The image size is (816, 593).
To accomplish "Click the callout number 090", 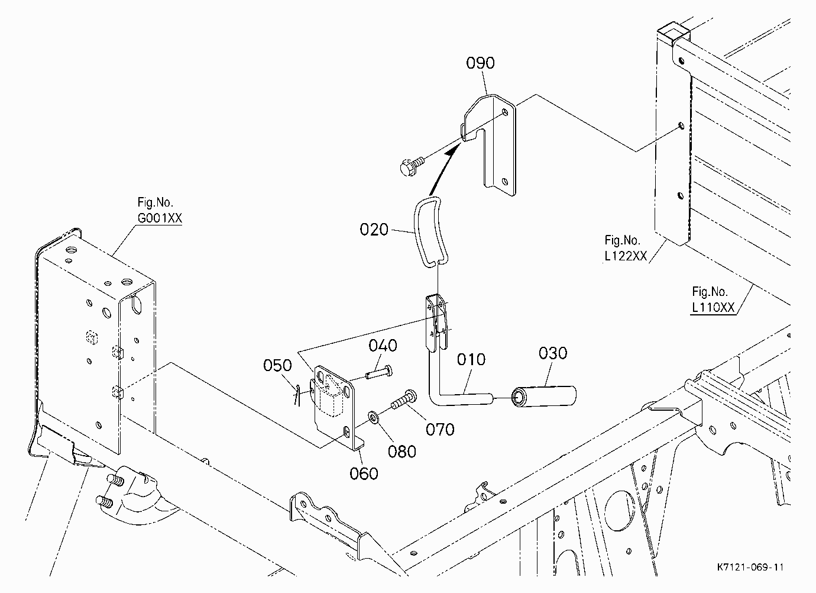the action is tap(480, 63).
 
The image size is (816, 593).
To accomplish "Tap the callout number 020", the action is tap(374, 230).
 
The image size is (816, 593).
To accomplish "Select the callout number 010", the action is tap(471, 359).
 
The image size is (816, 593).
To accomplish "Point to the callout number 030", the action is tap(553, 353).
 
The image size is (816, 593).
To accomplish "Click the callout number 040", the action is tap(383, 345).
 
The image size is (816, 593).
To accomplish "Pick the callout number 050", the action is tap(277, 365).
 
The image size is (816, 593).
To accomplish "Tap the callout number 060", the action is tap(364, 473).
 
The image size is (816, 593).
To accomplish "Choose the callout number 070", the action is tap(440, 429).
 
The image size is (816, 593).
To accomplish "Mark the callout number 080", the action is tap(402, 452).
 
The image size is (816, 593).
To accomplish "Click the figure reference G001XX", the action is tap(160, 218).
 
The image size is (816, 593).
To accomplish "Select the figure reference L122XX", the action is tap(626, 256).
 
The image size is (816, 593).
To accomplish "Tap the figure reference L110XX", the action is tap(713, 307).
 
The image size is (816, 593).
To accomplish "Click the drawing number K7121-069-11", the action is tap(750, 567).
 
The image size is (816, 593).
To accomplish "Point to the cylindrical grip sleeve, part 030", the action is tap(543, 396).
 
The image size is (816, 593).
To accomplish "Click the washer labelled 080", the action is tap(373, 417).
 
